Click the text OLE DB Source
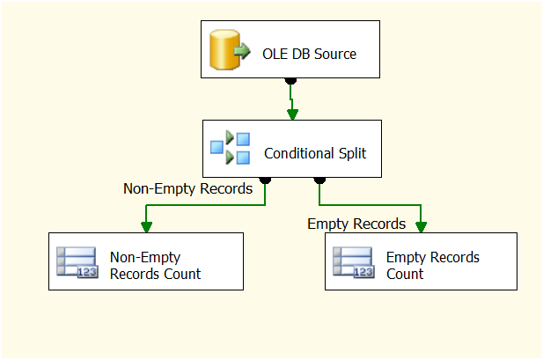pyautogui.click(x=309, y=54)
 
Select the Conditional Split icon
pyautogui.click(x=230, y=148)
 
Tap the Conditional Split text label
pyautogui.click(x=315, y=153)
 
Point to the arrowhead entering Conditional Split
pyautogui.click(x=292, y=114)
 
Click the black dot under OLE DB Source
pyautogui.click(x=291, y=82)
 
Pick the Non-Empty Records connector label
pyautogui.click(x=187, y=187)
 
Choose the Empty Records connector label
pyautogui.click(x=356, y=224)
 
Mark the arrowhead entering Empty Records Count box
pyautogui.click(x=421, y=226)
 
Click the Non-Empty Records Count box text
pyautogui.click(x=155, y=265)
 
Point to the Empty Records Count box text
pyautogui.click(x=433, y=265)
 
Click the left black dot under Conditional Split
pyautogui.click(x=265, y=180)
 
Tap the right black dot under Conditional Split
pyautogui.click(x=319, y=180)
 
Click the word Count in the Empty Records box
pyautogui.click(x=405, y=273)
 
